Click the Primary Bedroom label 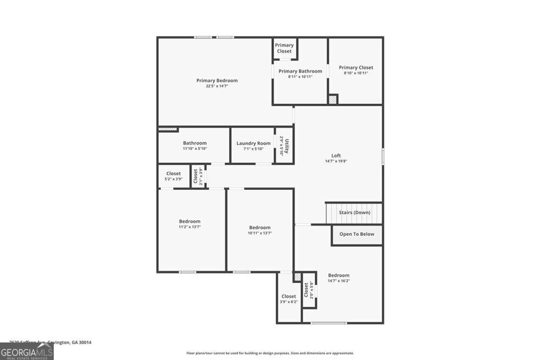tap(217, 81)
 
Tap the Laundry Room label tap(253, 143)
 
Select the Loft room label tap(336, 155)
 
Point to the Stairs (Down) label tap(354, 212)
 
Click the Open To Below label tap(356, 234)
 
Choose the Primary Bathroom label tap(300, 71)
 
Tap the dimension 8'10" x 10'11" tap(356, 73)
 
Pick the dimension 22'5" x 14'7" tap(217, 86)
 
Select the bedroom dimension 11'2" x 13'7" tap(189, 227)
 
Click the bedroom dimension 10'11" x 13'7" tap(259, 233)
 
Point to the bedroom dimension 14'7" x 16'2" tap(339, 281)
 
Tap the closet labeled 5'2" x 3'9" tap(173, 176)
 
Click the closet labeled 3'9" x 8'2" tap(288, 299)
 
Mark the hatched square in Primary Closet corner tap(332, 99)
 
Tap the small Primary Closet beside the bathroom tap(284, 48)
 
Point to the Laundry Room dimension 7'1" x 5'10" tap(253, 149)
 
